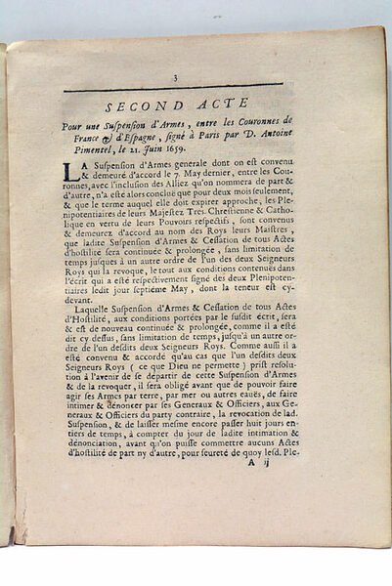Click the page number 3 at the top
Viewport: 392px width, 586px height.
click(172, 79)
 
